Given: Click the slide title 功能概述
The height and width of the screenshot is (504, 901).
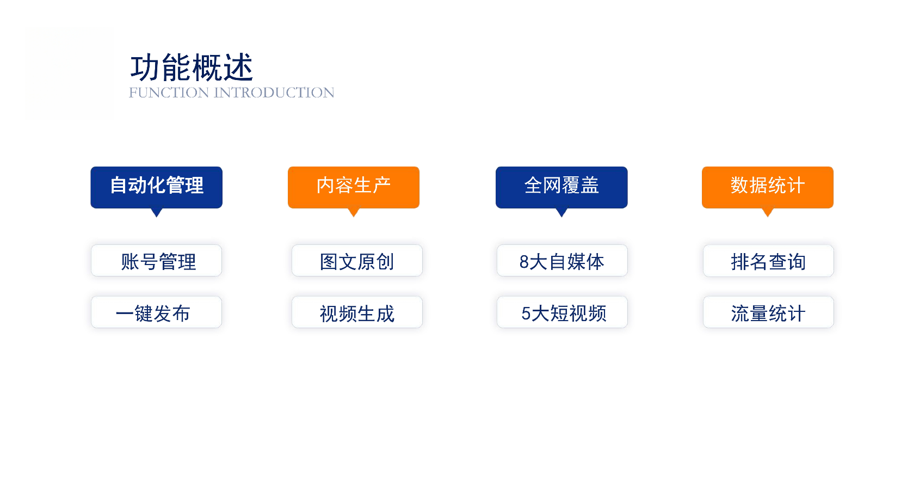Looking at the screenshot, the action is pyautogui.click(x=192, y=67).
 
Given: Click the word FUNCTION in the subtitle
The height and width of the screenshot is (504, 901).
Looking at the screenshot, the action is pyautogui.click(x=169, y=93).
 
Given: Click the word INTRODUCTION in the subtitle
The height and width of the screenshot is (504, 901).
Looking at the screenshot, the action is pyautogui.click(x=274, y=93).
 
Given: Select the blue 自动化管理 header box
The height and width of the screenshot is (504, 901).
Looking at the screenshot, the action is pyautogui.click(x=157, y=187).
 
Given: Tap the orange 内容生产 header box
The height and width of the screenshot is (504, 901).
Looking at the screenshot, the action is pyautogui.click(x=354, y=187).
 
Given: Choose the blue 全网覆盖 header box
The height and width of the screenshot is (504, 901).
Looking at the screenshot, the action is pyautogui.click(x=561, y=187).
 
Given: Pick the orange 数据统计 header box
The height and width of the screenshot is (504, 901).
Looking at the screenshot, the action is pyautogui.click(x=768, y=187).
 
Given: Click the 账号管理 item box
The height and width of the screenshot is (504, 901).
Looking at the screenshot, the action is pyautogui.click(x=157, y=261).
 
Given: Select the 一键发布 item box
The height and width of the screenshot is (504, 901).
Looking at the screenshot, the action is pyautogui.click(x=157, y=312).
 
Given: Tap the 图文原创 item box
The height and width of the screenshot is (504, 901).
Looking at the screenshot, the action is pyautogui.click(x=357, y=261).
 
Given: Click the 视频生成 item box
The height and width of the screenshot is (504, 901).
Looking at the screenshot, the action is pyautogui.click(x=357, y=312).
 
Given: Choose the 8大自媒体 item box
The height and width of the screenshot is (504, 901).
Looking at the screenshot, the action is pyautogui.click(x=563, y=261).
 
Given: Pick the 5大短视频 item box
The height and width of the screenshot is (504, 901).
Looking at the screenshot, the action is pyautogui.click(x=563, y=312).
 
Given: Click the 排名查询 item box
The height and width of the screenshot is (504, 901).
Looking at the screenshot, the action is pyautogui.click(x=768, y=261).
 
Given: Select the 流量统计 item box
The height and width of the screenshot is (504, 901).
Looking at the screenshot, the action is pyautogui.click(x=768, y=312).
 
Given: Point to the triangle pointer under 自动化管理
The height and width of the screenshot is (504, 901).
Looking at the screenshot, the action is pyautogui.click(x=157, y=212).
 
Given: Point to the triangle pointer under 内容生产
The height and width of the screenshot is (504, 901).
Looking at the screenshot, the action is pyautogui.click(x=354, y=212).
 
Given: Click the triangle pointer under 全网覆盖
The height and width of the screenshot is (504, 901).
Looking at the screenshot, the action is pyautogui.click(x=561, y=212).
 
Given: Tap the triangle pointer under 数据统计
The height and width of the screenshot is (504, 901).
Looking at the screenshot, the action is pyautogui.click(x=768, y=212).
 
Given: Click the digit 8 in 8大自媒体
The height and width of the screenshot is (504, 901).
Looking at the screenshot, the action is pyautogui.click(x=524, y=262).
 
